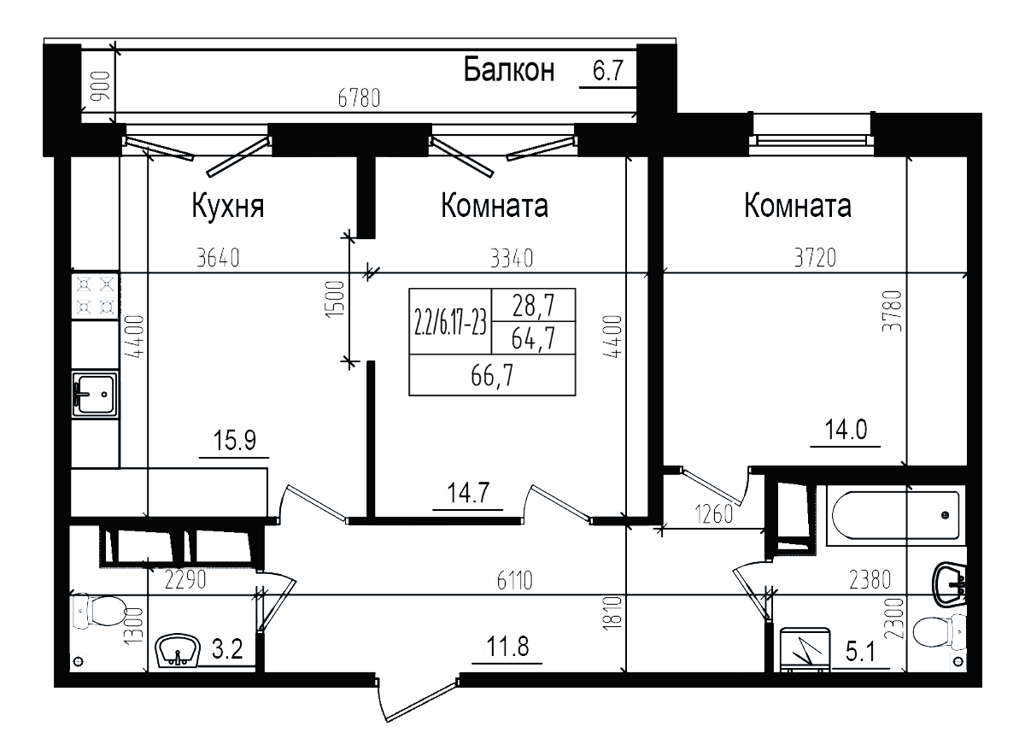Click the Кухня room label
click(x=227, y=208)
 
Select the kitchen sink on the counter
click(x=95, y=396)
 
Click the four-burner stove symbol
click(x=94, y=295)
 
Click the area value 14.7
click(x=467, y=493)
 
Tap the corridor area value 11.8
click(x=505, y=646)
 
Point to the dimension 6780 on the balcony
click(x=358, y=97)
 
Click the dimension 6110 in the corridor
click(x=513, y=582)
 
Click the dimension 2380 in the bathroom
click(x=870, y=581)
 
